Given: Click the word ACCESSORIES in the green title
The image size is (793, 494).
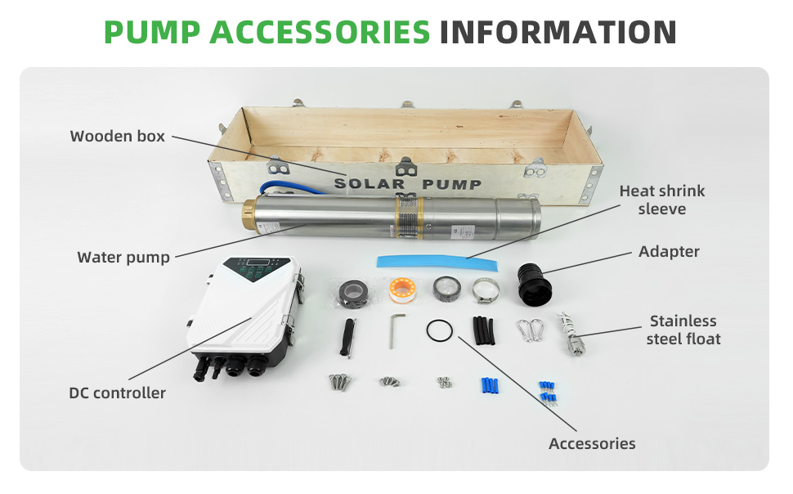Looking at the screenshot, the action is [x=320, y=33].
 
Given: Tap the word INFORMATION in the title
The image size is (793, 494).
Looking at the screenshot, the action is [x=558, y=33].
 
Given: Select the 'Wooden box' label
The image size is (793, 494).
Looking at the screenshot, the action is [x=118, y=136].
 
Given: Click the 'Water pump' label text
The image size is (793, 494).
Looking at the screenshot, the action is [x=123, y=257].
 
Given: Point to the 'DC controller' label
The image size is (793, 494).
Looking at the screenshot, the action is [x=118, y=393].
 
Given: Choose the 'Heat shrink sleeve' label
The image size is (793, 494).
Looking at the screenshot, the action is [x=662, y=200].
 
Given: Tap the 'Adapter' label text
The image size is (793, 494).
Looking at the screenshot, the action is [x=669, y=252].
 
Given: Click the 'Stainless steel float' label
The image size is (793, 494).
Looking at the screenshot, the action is [x=683, y=330].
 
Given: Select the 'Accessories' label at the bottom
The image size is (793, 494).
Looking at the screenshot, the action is [x=592, y=444].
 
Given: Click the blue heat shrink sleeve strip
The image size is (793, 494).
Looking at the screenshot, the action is [x=437, y=263].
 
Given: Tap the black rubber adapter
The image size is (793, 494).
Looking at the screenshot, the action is [x=534, y=285].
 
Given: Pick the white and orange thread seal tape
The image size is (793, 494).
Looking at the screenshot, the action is [x=402, y=290].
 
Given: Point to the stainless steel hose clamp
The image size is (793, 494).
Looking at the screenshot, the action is [x=486, y=290].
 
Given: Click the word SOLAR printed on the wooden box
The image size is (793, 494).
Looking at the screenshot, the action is [x=370, y=183].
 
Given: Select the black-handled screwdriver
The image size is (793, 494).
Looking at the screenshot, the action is [x=348, y=338].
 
